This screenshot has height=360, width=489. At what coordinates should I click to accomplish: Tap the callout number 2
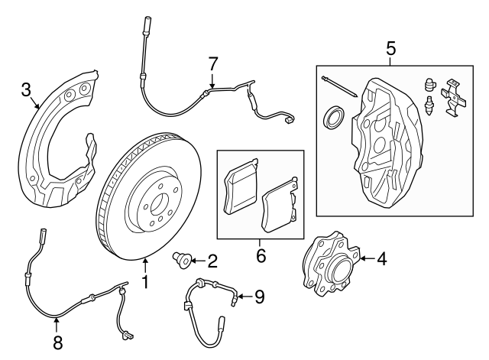pyautogui.click(x=212, y=260)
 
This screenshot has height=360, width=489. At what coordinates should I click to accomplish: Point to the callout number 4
pyautogui.click(x=381, y=259)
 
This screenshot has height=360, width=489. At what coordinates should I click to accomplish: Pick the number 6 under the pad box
pyautogui.click(x=261, y=255)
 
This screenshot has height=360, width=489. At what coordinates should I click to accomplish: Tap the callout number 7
pyautogui.click(x=213, y=62)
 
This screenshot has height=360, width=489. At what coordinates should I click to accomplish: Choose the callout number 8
pyautogui.click(x=57, y=343)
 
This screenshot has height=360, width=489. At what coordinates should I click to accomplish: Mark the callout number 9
pyautogui.click(x=260, y=295)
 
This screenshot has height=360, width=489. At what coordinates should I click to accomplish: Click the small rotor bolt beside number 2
pyautogui.click(x=183, y=260)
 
